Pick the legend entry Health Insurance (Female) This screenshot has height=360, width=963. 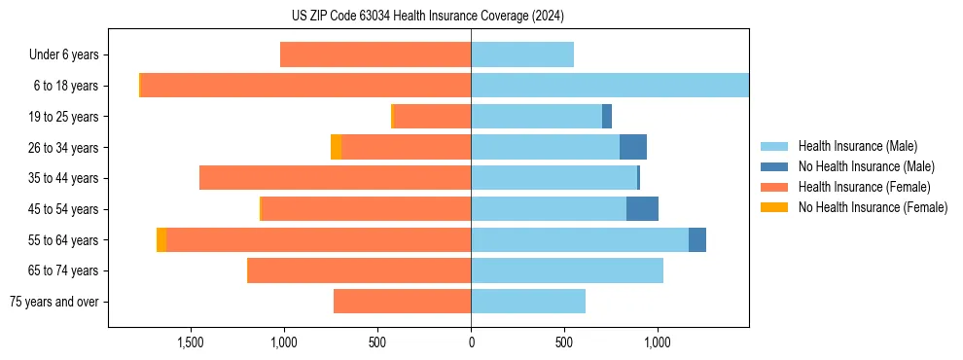(858, 187)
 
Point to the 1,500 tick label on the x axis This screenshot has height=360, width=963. (190, 343)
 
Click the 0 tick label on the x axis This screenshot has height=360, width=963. (471, 343)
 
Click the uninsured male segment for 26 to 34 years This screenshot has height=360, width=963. (633, 147)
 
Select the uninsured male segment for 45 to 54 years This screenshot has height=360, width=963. (642, 209)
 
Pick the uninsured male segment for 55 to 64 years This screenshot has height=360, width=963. (697, 239)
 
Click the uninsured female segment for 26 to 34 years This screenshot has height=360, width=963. (336, 147)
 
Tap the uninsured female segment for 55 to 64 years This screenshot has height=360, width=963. (161, 239)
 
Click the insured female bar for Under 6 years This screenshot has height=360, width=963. (375, 54)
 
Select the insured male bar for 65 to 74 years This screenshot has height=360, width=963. (567, 270)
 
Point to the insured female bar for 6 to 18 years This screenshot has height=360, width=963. (305, 86)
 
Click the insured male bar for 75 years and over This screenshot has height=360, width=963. (528, 302)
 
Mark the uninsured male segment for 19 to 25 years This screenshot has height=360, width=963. (607, 117)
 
